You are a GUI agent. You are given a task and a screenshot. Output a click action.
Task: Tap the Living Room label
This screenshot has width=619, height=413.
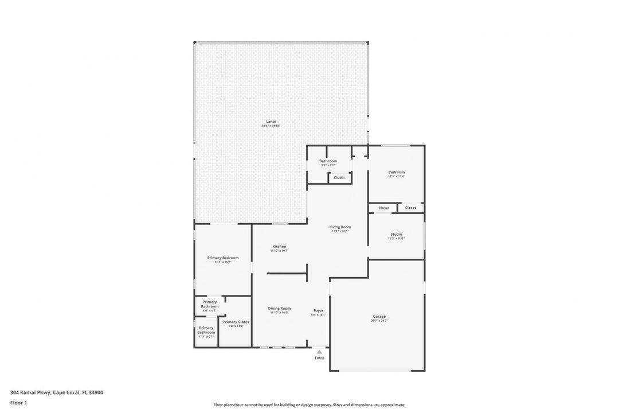point(340,227)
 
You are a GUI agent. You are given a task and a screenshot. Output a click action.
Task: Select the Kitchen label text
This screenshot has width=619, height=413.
point(279,247)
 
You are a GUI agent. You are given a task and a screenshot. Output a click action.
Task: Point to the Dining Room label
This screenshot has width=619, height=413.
point(279,309)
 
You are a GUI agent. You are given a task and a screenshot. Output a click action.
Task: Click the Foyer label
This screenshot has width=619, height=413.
point(318,310)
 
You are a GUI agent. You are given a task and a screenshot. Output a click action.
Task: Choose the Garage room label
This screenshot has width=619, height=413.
point(379,317)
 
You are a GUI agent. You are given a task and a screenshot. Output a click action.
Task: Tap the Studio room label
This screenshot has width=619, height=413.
point(396,234)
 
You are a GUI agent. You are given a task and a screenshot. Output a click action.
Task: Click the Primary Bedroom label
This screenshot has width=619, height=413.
point(222,258)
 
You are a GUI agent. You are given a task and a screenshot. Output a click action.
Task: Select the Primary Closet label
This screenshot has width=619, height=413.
point(236,322)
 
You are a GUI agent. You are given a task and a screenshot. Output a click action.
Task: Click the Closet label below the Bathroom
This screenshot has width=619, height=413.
point(339,178)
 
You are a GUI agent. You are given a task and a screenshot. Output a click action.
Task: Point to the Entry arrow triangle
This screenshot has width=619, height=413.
point(319,352)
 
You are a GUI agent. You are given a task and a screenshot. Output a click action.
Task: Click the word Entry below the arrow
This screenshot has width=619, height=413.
point(319,358)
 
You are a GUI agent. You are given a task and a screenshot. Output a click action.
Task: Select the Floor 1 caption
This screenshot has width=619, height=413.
point(18,403)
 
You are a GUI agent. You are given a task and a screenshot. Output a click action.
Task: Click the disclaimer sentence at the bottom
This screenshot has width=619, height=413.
point(309,405)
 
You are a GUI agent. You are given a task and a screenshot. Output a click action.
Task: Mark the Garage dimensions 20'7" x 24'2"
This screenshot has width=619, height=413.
point(379,321)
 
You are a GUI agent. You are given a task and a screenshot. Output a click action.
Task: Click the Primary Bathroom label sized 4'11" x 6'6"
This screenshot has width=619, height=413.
point(206,330)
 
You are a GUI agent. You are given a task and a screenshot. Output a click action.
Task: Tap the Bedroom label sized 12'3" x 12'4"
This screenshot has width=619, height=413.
point(396,172)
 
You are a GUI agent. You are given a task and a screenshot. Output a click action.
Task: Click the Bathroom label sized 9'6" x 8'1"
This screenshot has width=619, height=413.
point(328,161)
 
